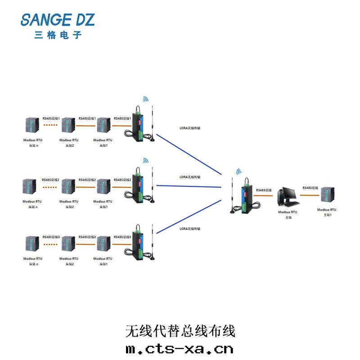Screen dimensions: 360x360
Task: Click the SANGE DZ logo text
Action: pos(58,20)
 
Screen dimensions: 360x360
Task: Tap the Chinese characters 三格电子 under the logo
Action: pos(58,35)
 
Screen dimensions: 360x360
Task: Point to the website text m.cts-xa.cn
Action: pos(180,349)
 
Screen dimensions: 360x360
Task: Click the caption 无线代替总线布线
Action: pos(180,332)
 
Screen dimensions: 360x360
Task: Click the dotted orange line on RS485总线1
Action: pos(50,126)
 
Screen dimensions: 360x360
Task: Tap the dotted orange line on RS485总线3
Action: pos(50,244)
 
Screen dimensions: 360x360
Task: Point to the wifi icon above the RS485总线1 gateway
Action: pos(145,99)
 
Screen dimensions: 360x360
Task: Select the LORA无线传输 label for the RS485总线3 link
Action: pos(190,229)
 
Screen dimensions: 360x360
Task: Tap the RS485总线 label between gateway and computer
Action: pos(264,190)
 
